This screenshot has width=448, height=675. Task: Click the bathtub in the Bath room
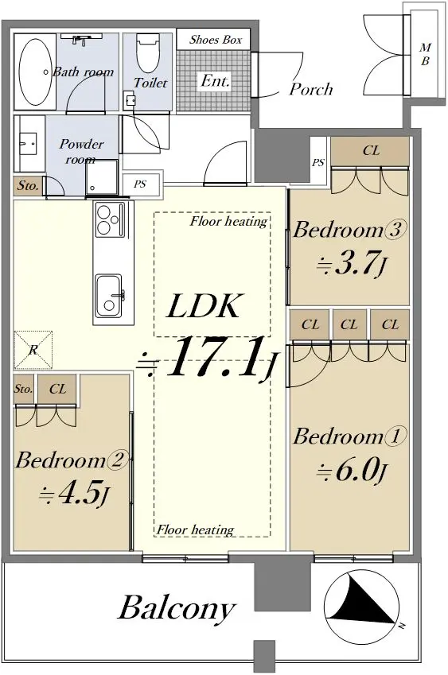coord(36,72)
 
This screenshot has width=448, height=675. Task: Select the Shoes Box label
coord(216,40)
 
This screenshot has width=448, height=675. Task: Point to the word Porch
coord(311,89)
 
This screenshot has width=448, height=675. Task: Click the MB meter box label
coord(425,54)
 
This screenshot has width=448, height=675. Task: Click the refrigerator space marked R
coord(33,350)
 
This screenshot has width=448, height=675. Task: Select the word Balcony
coord(177,608)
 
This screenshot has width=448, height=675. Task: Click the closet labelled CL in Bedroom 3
coord(371,151)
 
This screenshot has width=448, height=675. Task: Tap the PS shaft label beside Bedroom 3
coord(318,163)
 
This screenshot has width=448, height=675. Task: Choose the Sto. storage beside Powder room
coord(29,186)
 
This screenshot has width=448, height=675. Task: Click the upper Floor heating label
coord(228,221)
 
